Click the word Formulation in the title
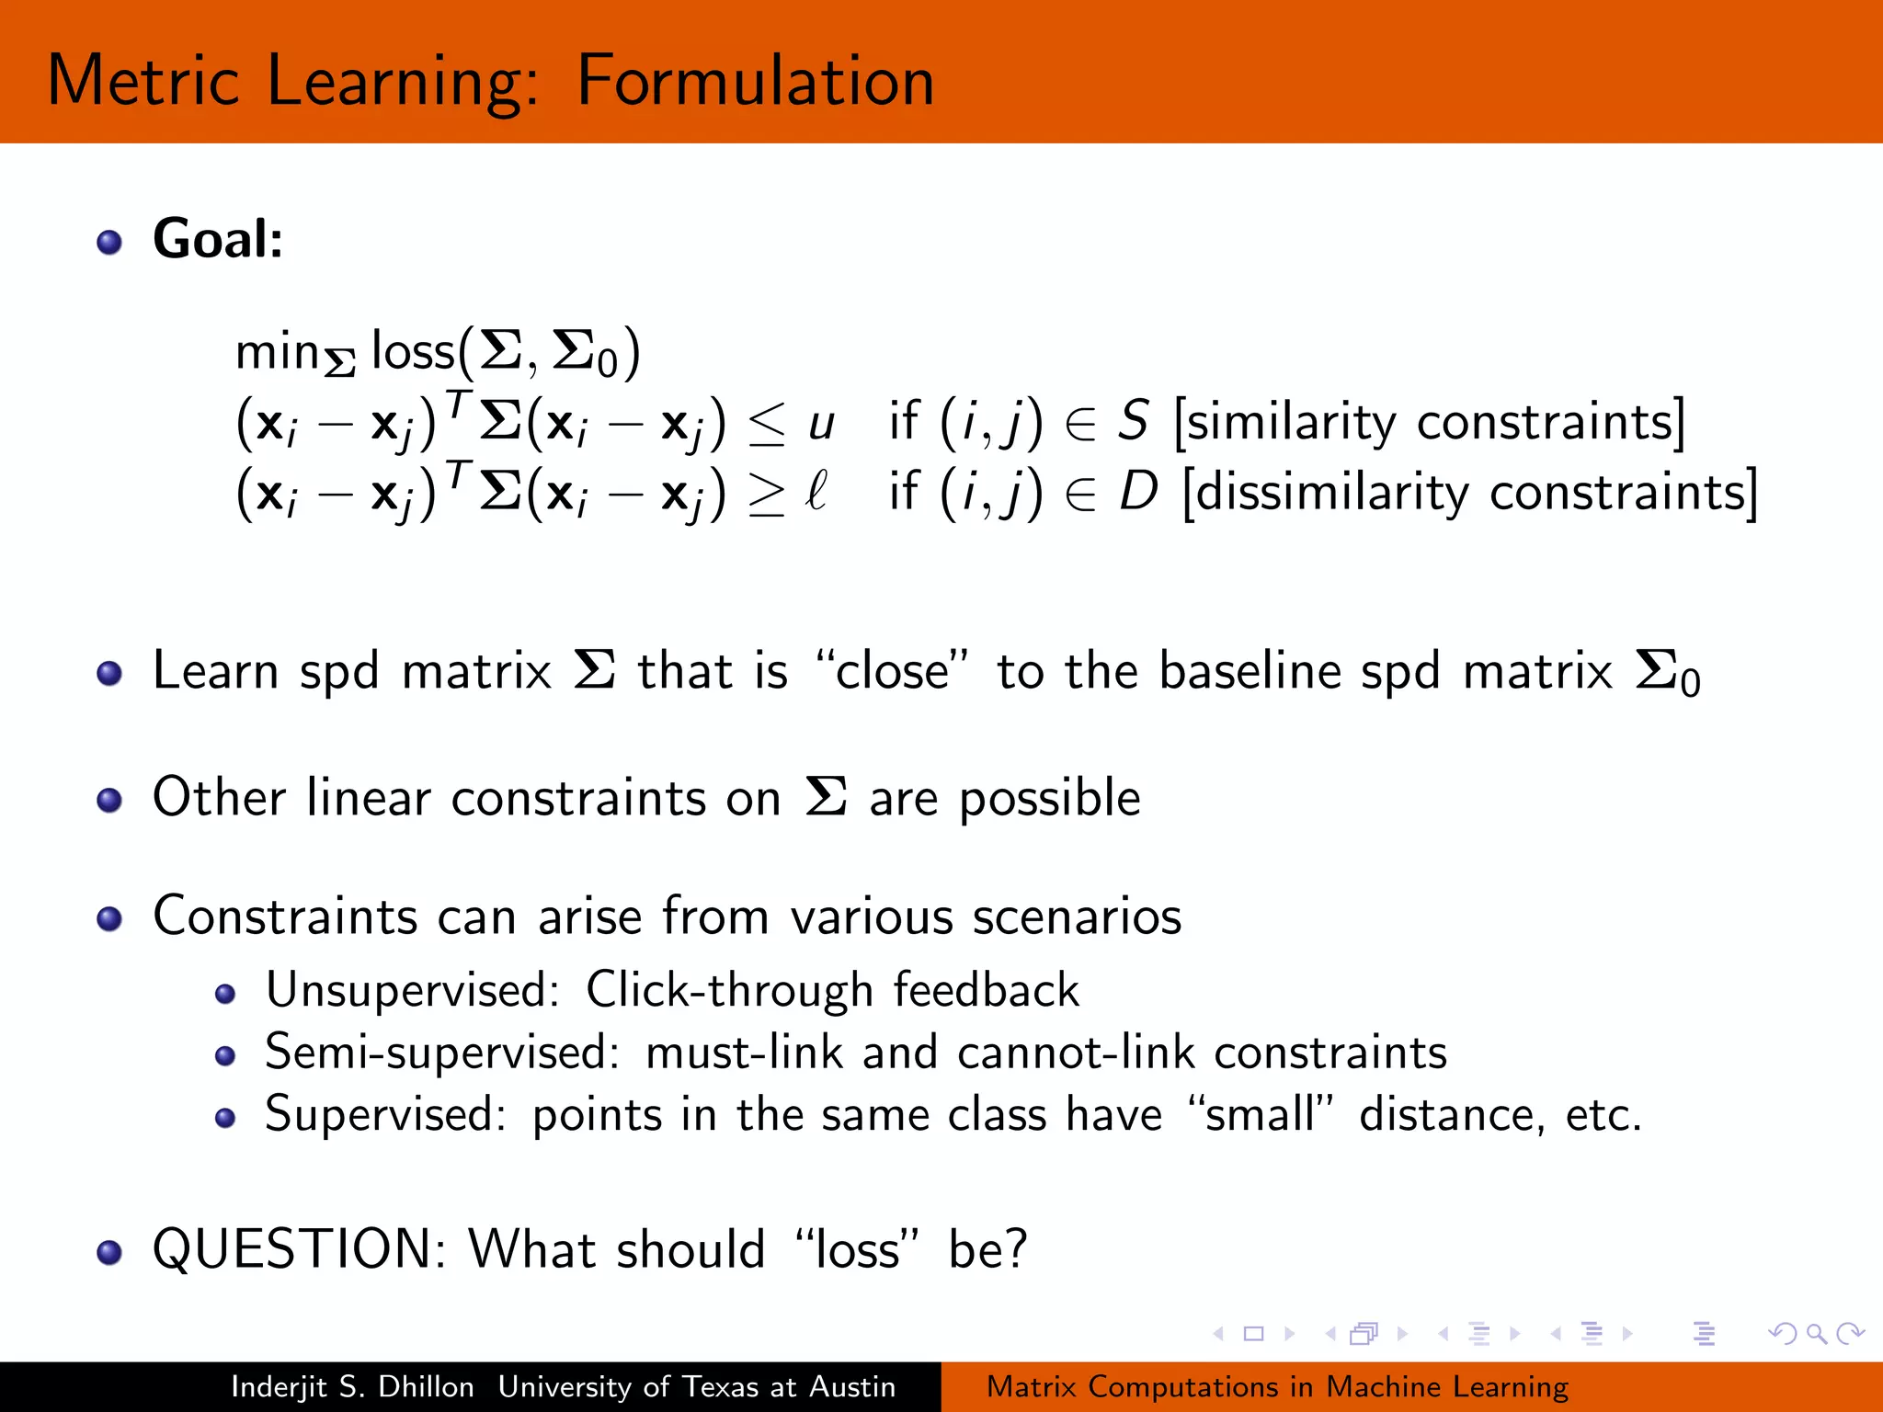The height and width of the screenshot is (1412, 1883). pyautogui.click(x=755, y=81)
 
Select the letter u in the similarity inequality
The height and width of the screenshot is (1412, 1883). pyautogui.click(x=820, y=425)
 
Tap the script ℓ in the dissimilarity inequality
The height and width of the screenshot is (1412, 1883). pyautogui.click(x=816, y=491)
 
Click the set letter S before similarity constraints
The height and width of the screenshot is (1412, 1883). pyautogui.click(x=1133, y=421)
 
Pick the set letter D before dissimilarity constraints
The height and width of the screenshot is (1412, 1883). pyautogui.click(x=1138, y=492)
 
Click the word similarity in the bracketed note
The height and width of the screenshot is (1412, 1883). pyautogui.click(x=1291, y=423)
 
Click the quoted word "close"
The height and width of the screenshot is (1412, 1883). pyautogui.click(x=891, y=671)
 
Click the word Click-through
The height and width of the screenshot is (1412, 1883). pyautogui.click(x=729, y=991)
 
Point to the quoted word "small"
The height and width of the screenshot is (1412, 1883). pyautogui.click(x=1260, y=1115)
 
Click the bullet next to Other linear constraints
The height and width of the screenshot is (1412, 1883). pyautogui.click(x=109, y=800)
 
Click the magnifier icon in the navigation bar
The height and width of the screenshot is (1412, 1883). pyautogui.click(x=1817, y=1333)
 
